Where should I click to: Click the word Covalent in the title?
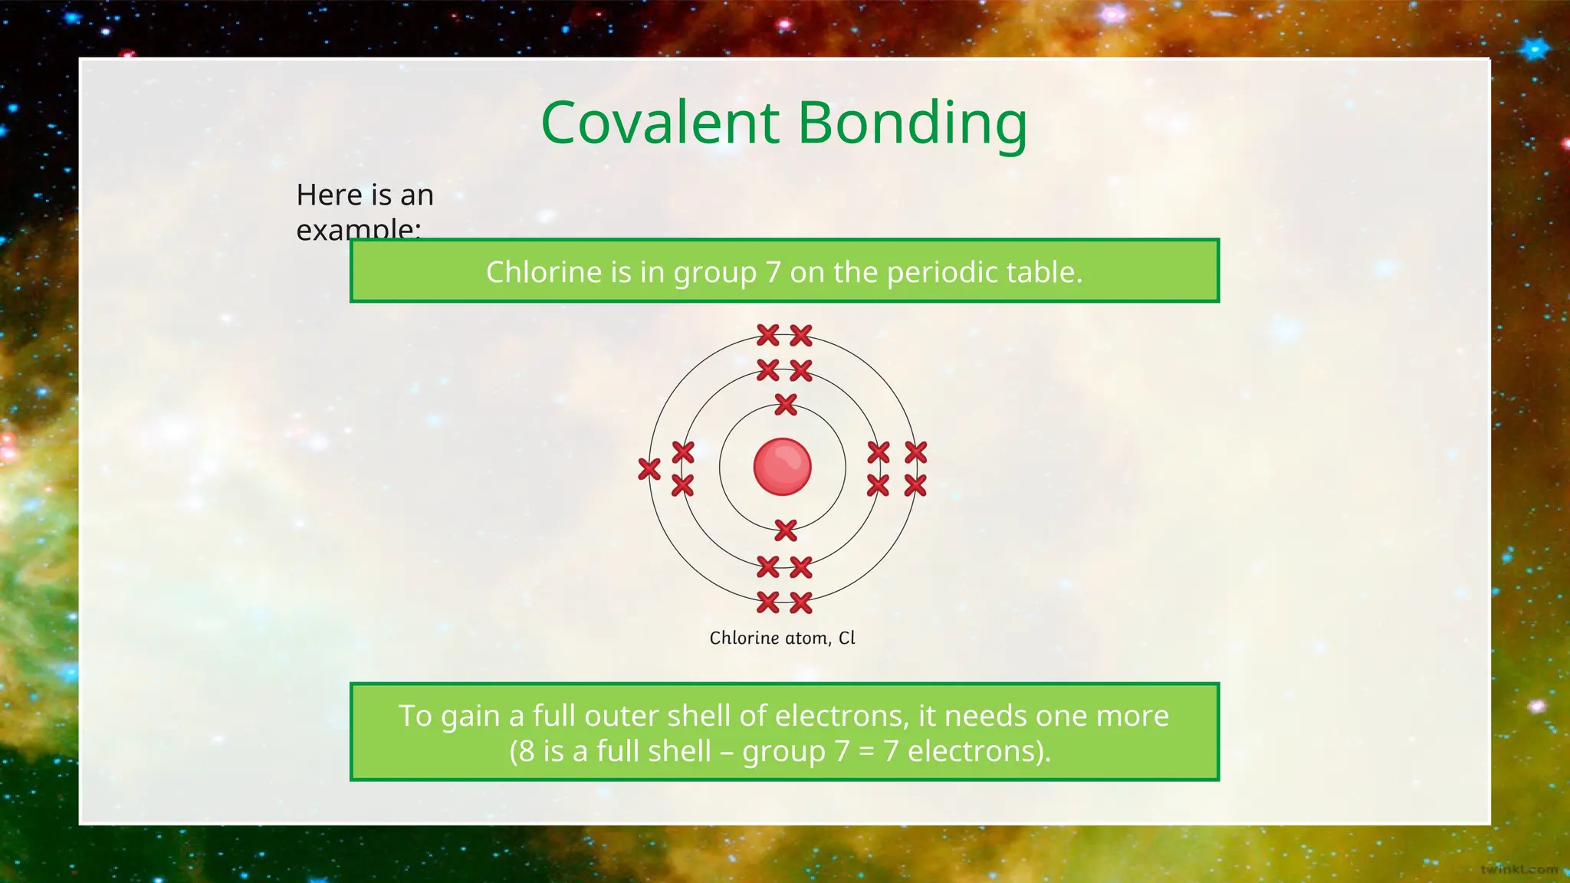[x=660, y=123]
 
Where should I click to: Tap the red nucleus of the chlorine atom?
[x=782, y=467]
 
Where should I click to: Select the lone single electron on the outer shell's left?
[x=649, y=469]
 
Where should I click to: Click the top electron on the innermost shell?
[x=786, y=404]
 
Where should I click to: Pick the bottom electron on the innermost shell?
[x=786, y=530]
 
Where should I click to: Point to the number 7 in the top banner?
[x=773, y=272]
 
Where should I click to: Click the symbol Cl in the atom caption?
[x=846, y=638]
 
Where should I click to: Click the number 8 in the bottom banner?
[x=527, y=751]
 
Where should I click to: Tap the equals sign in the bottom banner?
[x=865, y=751]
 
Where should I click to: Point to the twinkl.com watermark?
[x=1519, y=869]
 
